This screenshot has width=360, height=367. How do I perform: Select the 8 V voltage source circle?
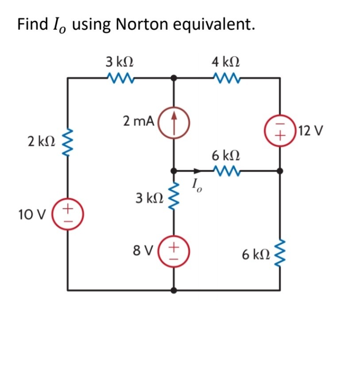[x=174, y=251]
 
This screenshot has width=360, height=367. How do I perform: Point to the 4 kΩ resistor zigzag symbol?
[x=227, y=78]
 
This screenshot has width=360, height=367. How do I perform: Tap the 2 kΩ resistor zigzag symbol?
[x=68, y=141]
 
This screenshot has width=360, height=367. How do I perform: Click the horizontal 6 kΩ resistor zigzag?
[x=227, y=170]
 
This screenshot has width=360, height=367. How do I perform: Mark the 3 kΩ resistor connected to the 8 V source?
[x=174, y=197]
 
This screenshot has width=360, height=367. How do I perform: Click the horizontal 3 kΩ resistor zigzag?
[x=120, y=78]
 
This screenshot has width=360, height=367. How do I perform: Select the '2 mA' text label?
[x=138, y=121]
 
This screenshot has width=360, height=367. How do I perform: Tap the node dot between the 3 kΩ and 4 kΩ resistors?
[x=174, y=78]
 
